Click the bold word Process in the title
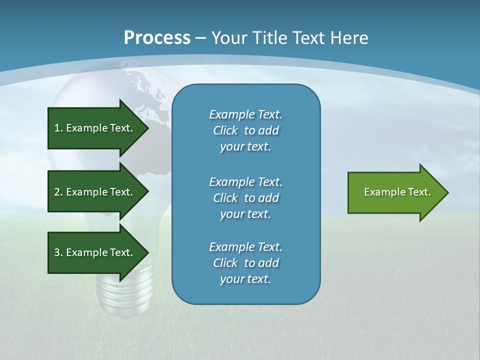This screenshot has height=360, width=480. (157, 37)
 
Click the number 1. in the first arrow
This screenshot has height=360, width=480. (58, 128)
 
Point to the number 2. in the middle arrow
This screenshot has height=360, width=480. (58, 192)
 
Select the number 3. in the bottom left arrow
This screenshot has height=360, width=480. (58, 252)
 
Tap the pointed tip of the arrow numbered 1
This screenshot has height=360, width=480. (146, 128)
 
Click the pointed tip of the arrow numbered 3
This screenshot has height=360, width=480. (146, 252)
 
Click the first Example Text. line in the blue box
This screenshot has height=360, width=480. (245, 114)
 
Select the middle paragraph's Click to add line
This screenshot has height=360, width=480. (245, 198)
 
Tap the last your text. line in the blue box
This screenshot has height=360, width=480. (245, 279)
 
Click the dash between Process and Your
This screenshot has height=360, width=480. (201, 37)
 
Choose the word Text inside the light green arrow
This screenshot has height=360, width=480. (419, 192)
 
